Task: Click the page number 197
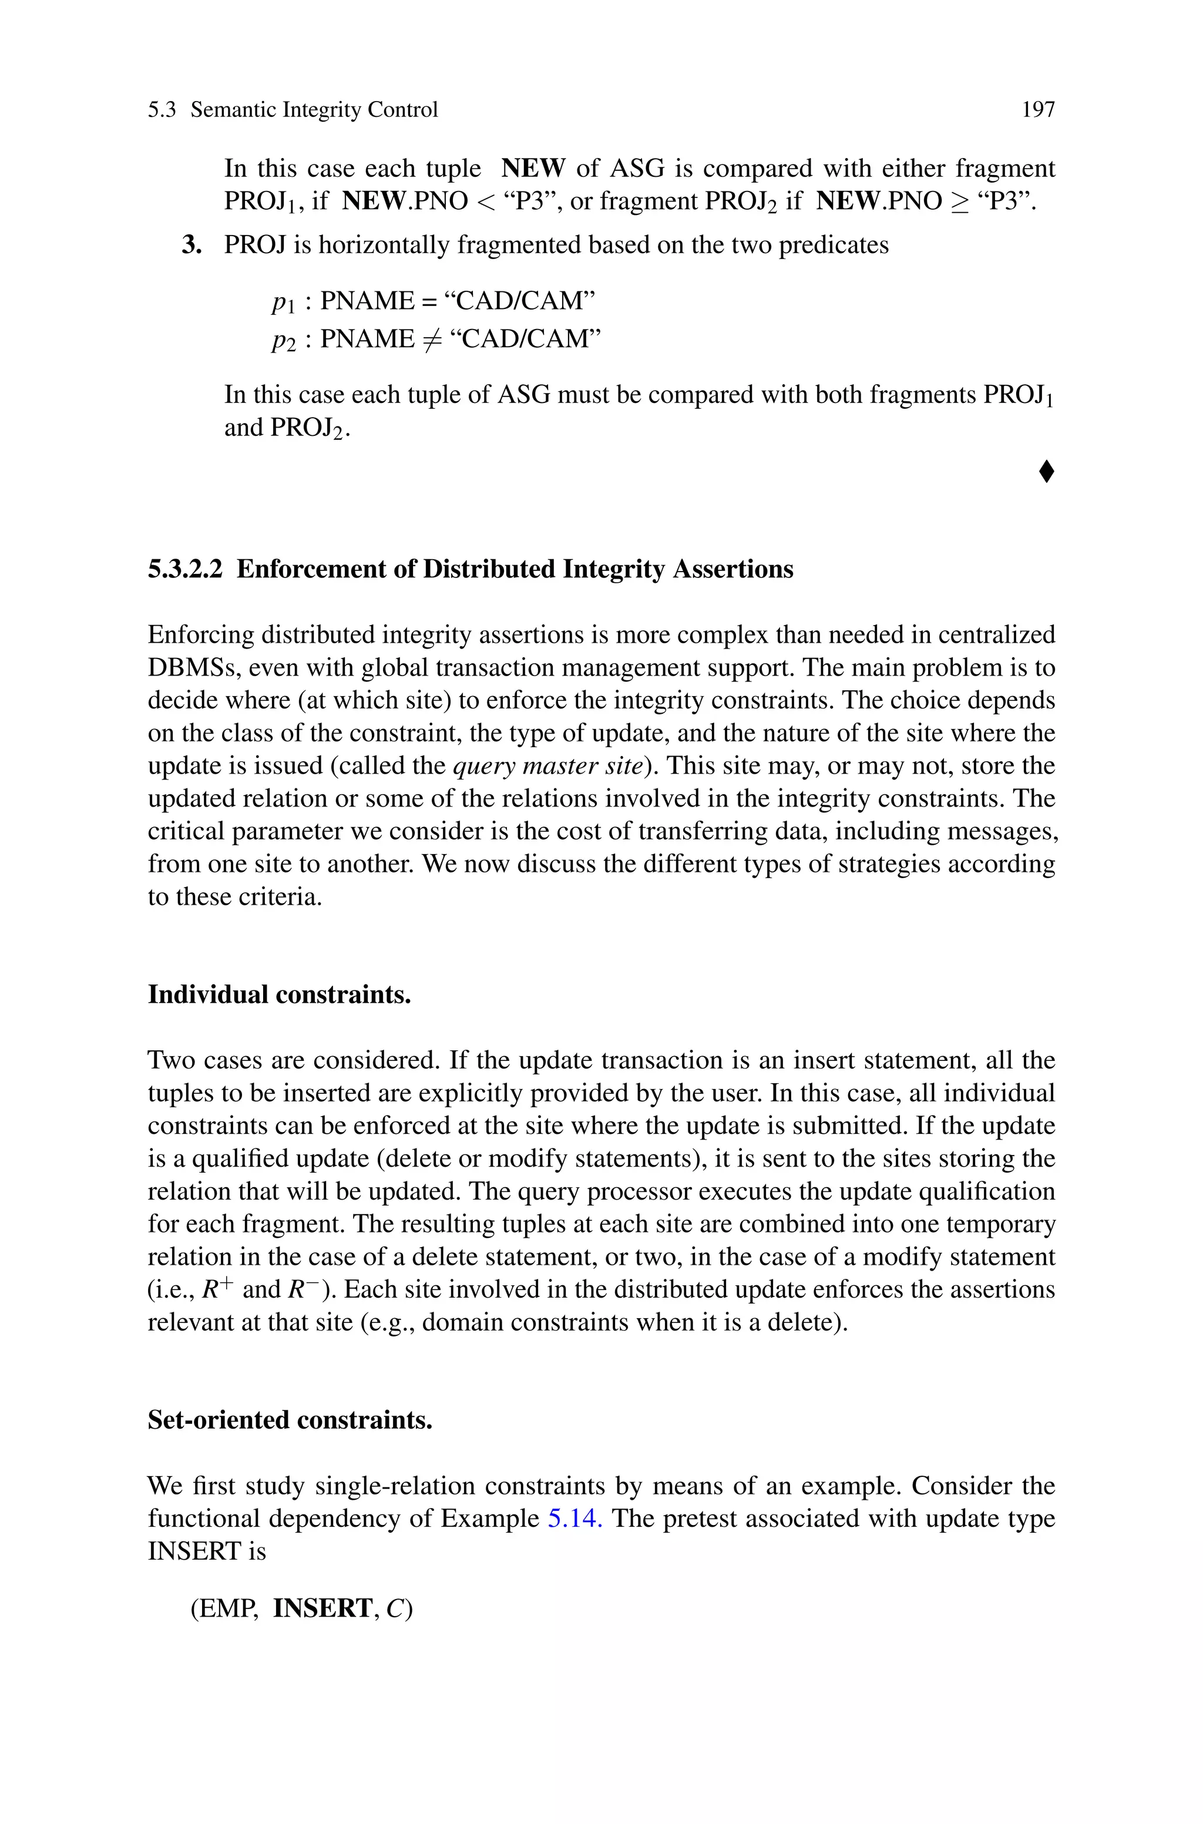1038,110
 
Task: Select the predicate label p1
283,302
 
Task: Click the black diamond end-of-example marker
1046,471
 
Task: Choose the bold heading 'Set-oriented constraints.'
290,1420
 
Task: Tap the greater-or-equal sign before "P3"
958,201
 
